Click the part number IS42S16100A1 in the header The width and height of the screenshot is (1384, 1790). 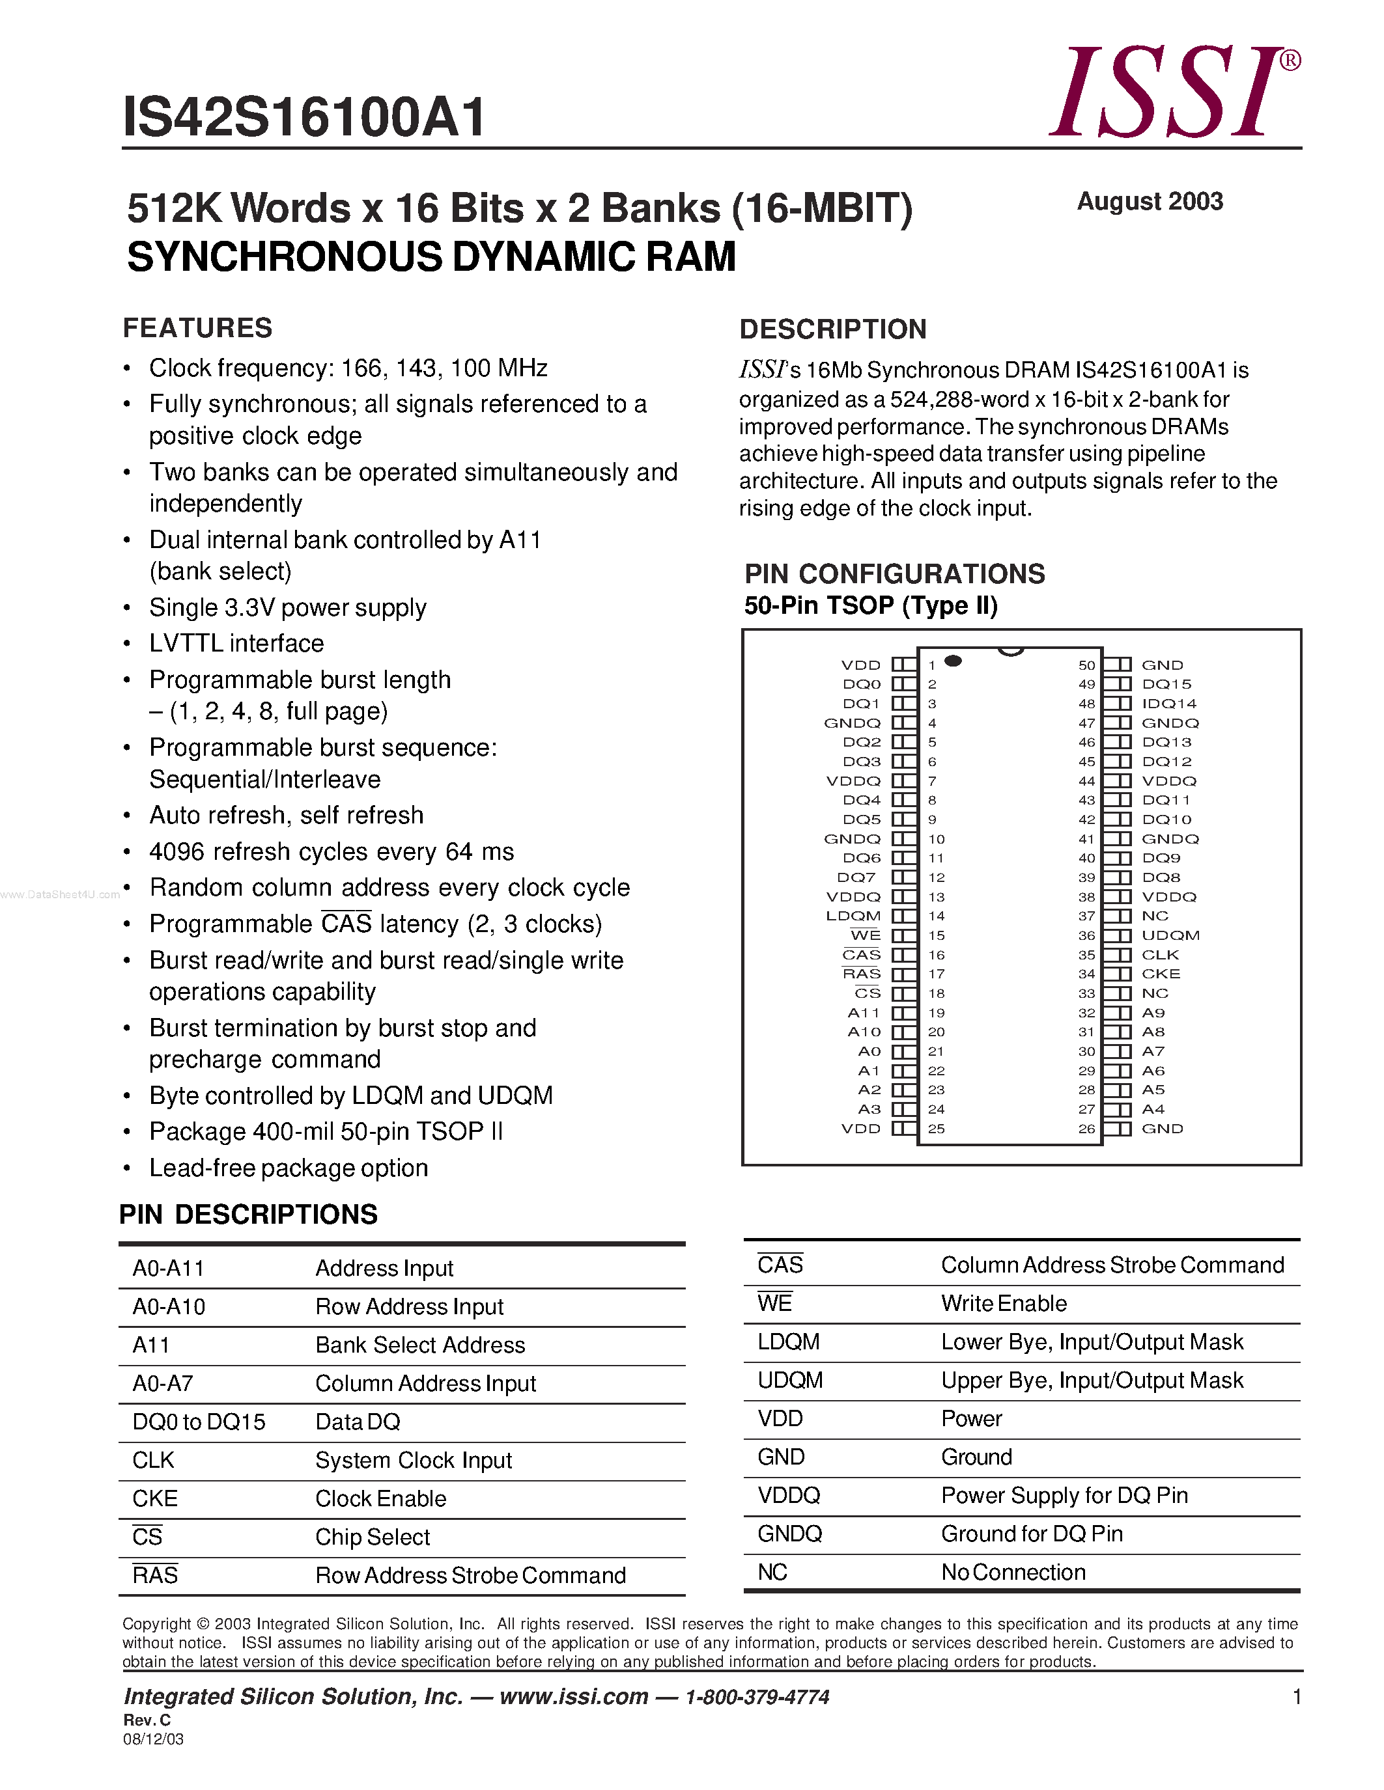pyautogui.click(x=304, y=117)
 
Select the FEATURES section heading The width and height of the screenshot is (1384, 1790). pyautogui.click(x=197, y=328)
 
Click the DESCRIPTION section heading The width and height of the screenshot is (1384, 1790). pyautogui.click(x=832, y=329)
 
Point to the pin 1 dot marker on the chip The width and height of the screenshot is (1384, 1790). pyautogui.click(x=953, y=661)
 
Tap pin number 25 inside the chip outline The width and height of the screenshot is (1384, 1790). pyautogui.click(x=937, y=1129)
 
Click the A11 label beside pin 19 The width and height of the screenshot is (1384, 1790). pyautogui.click(x=864, y=1013)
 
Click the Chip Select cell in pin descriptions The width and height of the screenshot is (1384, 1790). pyautogui.click(x=373, y=1537)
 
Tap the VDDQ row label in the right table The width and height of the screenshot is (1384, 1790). pyautogui.click(x=789, y=1496)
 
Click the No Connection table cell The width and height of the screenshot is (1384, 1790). pyautogui.click(x=1013, y=1573)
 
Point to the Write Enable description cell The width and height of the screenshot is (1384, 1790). pyautogui.click(x=1004, y=1304)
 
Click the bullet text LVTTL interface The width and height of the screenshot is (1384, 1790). pyautogui.click(x=236, y=643)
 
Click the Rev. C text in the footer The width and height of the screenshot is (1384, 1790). pyautogui.click(x=147, y=1720)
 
